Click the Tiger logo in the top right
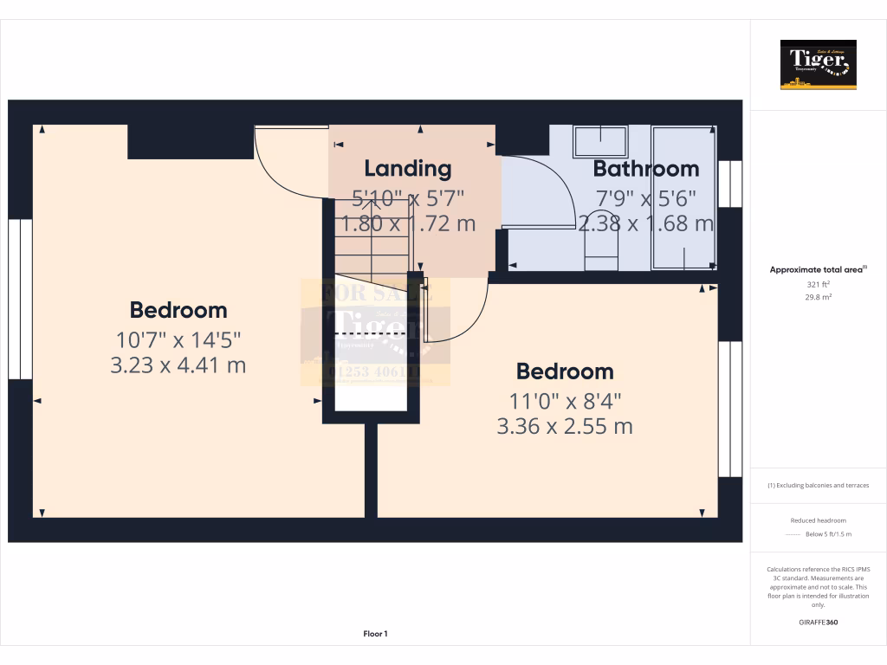[x=818, y=64]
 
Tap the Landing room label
[x=407, y=168]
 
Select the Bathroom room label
[x=645, y=168]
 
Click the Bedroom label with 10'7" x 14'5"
[x=178, y=309]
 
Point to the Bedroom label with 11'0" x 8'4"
[x=565, y=371]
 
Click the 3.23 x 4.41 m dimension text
[x=178, y=365]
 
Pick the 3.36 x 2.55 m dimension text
[x=565, y=426]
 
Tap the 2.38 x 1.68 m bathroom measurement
[x=645, y=223]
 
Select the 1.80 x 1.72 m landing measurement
[x=407, y=223]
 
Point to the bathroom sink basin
[x=601, y=141]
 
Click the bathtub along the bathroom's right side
[x=684, y=197]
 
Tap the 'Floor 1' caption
[x=375, y=635]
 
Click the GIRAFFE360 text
[x=818, y=623]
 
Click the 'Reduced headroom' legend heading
[x=818, y=520]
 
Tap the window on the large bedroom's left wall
[x=20, y=299]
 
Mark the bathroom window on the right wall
[x=730, y=184]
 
